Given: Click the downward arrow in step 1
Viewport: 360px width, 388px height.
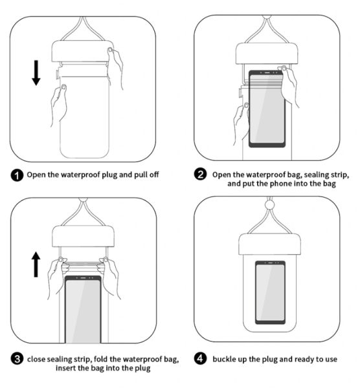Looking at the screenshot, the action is tap(36, 72).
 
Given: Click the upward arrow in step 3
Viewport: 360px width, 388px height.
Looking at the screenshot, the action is tap(36, 264).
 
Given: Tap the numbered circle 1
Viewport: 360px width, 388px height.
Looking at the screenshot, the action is tap(17, 175).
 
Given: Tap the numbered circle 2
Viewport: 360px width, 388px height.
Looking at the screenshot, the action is tap(200, 174).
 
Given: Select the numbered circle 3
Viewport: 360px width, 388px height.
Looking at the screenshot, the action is tap(17, 359).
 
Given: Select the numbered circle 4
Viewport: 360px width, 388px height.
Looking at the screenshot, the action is tap(200, 358).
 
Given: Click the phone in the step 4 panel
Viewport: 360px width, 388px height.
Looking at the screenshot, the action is tap(270, 292).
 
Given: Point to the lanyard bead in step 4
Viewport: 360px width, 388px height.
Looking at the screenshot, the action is tap(270, 205).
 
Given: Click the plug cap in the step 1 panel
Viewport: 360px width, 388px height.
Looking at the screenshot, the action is tap(82, 52).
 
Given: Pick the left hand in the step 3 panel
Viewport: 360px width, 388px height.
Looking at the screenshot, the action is tap(56, 277).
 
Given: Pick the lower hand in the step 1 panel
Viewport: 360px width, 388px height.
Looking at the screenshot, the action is tap(59, 105).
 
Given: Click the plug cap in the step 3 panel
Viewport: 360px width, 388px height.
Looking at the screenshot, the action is tap(84, 236).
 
